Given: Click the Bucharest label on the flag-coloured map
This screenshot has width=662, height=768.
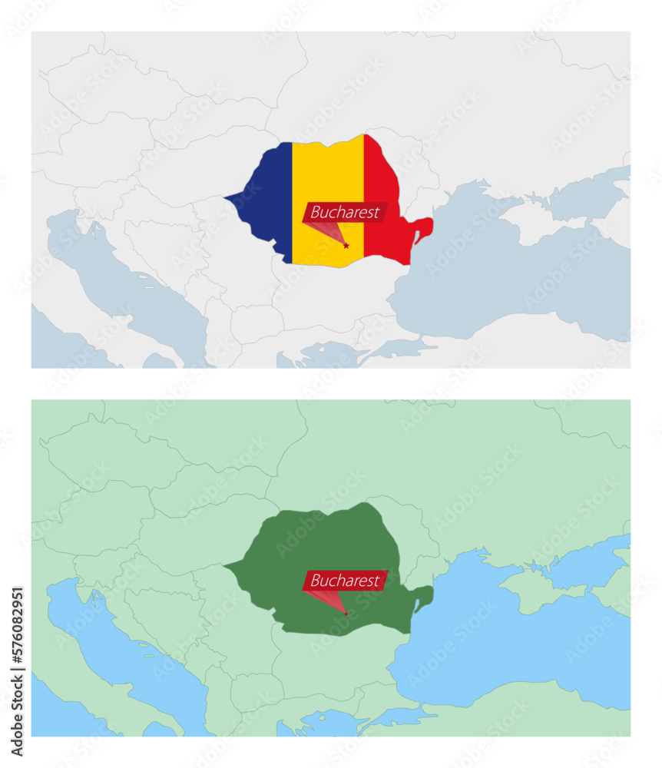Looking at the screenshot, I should (x=345, y=213).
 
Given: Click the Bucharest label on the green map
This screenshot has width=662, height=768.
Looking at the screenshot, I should (x=345, y=581).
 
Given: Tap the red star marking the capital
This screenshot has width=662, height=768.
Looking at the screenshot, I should (x=346, y=246).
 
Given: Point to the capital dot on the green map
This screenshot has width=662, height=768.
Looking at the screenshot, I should (x=346, y=614).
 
